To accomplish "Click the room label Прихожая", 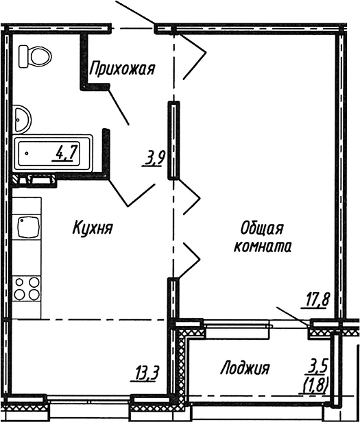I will [123, 69].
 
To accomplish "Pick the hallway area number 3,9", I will [153, 159].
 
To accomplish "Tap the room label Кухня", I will [93, 229].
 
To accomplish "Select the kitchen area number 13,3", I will [146, 373].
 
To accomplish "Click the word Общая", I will [262, 228].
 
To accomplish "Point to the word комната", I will [262, 247].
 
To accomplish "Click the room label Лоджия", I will [245, 369].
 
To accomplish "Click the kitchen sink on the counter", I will [28, 227].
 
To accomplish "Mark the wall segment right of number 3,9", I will [174, 140].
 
